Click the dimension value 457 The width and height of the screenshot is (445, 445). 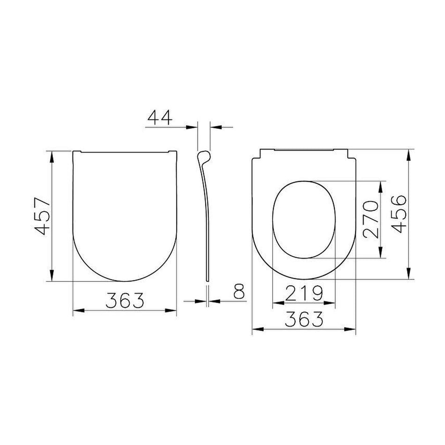pyautogui.click(x=41, y=216)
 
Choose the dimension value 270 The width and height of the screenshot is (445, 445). pyautogui.click(x=371, y=219)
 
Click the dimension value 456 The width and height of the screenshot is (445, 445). pyautogui.click(x=399, y=214)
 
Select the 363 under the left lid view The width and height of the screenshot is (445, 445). pyautogui.click(x=125, y=300)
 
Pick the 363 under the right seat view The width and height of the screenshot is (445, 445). pyautogui.click(x=304, y=319)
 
